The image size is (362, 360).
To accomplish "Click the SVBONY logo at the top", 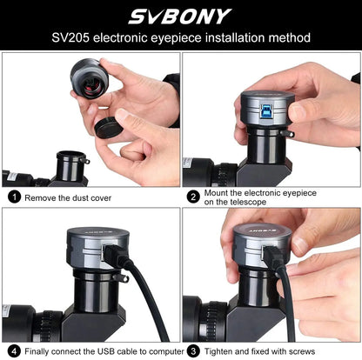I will pyautogui.click(x=181, y=17).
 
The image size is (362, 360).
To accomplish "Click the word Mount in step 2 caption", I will pyautogui.click(x=219, y=192).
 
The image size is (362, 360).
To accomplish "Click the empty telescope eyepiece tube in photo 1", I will pyautogui.click(x=71, y=165).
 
